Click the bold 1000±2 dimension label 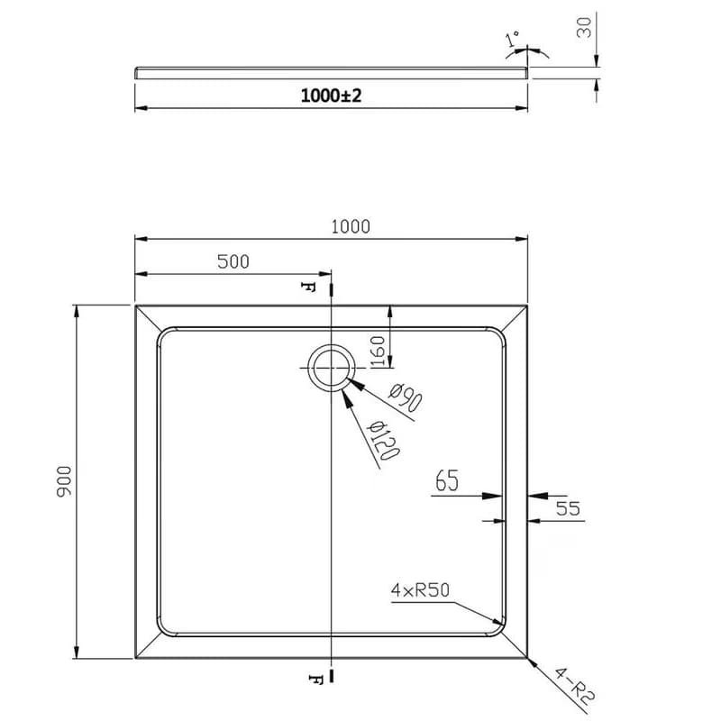click(331, 96)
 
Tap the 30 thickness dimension click(584, 28)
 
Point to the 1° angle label click(512, 39)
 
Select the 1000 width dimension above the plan click(351, 227)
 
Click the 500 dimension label click(233, 261)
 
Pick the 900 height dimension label click(64, 481)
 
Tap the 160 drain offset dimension click(377, 351)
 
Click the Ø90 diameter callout click(405, 398)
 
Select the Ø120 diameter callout click(382, 441)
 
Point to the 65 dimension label click(447, 480)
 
